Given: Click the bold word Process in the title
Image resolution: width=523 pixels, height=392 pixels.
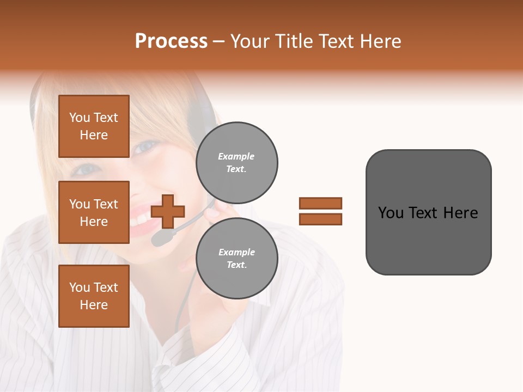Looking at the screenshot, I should pyautogui.click(x=171, y=41).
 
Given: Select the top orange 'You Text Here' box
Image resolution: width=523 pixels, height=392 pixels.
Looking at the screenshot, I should pyautogui.click(x=94, y=126).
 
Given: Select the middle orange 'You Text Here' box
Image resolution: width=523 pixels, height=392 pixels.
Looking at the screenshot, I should pyautogui.click(x=94, y=212).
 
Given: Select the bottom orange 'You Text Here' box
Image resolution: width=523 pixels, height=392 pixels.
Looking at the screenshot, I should pyautogui.click(x=94, y=296).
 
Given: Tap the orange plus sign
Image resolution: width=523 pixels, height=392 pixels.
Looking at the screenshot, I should pyautogui.click(x=168, y=211).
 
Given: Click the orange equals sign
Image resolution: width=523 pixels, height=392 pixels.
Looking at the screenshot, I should pyautogui.click(x=320, y=211).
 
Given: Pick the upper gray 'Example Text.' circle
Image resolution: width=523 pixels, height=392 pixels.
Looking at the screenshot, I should pyautogui.click(x=237, y=163).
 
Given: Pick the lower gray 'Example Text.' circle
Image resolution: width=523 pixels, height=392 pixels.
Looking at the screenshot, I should pyautogui.click(x=237, y=259).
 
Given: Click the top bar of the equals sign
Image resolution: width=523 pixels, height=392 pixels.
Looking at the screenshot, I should pyautogui.click(x=320, y=203).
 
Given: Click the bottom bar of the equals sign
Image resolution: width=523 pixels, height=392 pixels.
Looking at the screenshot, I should pyautogui.click(x=320, y=219).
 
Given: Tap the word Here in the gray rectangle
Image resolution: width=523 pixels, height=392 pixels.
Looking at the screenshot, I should pyautogui.click(x=460, y=213).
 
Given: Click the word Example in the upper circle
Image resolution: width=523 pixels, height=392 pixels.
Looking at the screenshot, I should pyautogui.click(x=236, y=156).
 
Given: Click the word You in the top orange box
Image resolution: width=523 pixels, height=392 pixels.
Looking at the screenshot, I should pyautogui.click(x=80, y=118).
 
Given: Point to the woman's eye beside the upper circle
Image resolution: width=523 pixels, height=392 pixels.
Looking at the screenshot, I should pyautogui.click(x=146, y=146).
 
